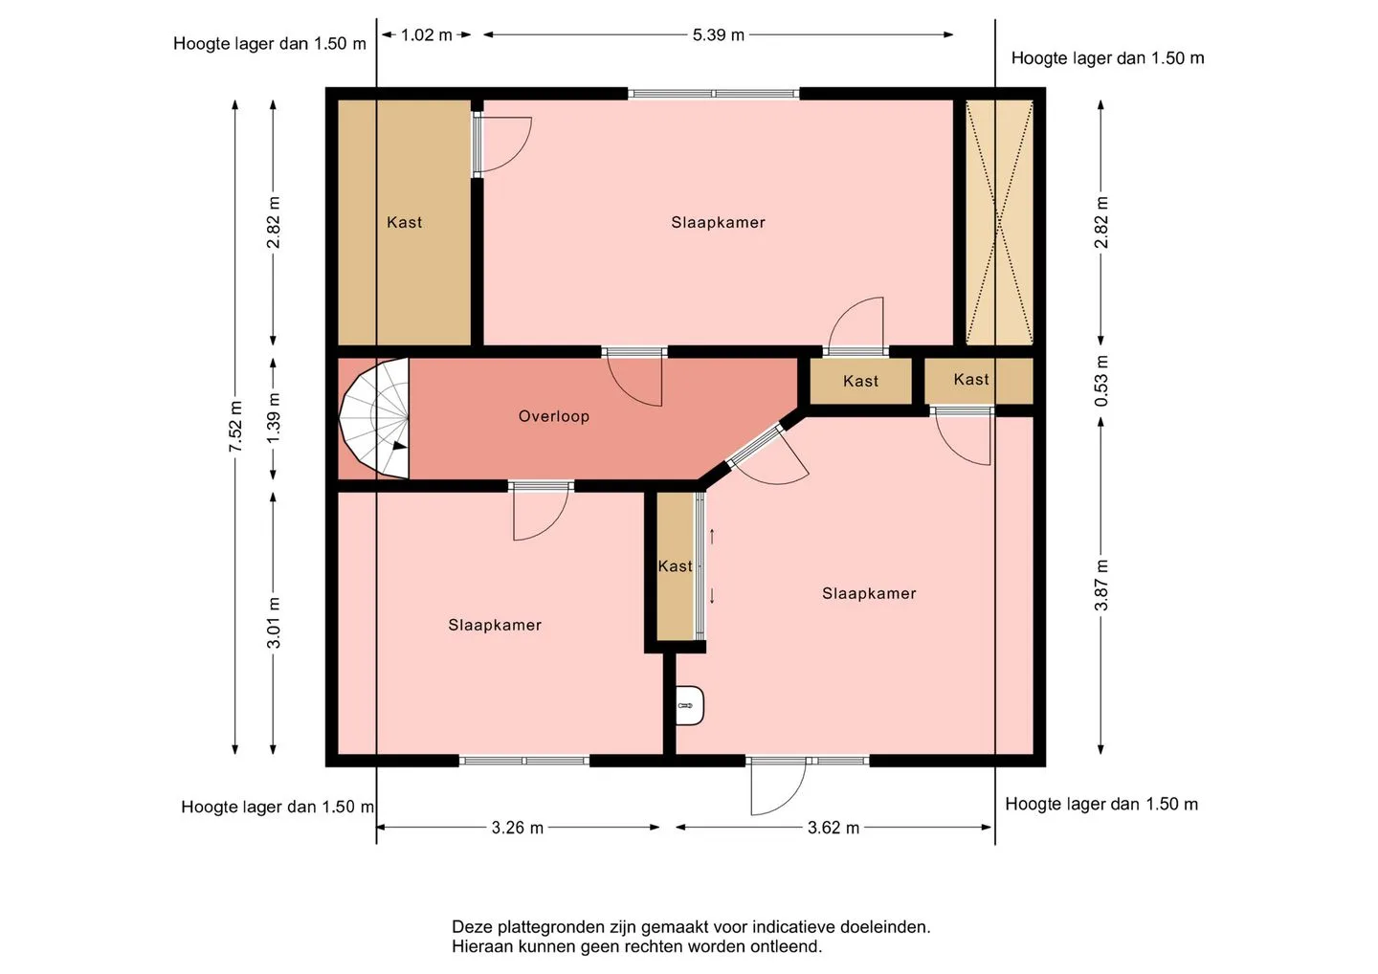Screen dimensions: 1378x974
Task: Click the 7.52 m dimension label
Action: tap(235, 426)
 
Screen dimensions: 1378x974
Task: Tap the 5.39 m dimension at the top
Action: tap(718, 35)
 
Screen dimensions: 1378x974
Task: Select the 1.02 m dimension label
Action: tap(427, 35)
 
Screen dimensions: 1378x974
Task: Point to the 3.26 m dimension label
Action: tap(518, 828)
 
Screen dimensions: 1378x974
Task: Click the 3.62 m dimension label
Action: tap(833, 828)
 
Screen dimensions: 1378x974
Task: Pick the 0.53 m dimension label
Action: tap(1101, 381)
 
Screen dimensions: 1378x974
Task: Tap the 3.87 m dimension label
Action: tap(1101, 585)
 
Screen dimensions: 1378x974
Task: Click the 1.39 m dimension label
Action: tap(275, 417)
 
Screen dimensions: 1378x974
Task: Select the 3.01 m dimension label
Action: tap(275, 622)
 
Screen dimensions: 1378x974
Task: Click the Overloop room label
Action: tap(554, 416)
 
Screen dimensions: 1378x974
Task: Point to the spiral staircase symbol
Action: tap(374, 418)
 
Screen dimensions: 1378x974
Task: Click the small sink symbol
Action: tap(690, 705)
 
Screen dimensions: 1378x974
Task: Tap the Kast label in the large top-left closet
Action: tap(404, 222)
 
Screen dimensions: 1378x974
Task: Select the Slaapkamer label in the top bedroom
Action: tap(718, 222)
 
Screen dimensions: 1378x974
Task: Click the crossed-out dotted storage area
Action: tap(999, 223)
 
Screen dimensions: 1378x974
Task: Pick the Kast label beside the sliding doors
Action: tap(675, 566)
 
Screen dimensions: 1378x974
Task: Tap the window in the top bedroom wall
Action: tap(714, 94)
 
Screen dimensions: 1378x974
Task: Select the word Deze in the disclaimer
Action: tap(473, 927)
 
